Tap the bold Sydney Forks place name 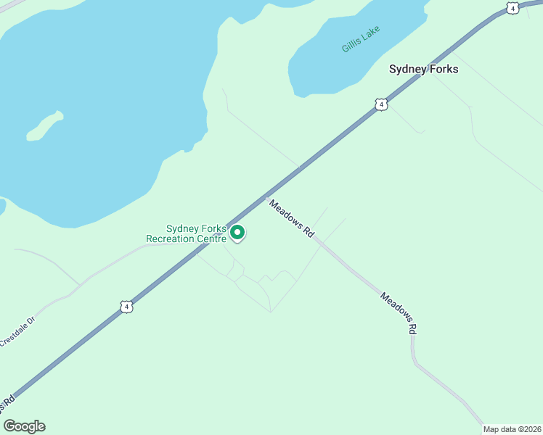tap(423, 70)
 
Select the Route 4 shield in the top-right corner tap(513, 8)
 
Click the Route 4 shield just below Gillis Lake tap(381, 104)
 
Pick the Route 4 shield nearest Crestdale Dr tap(127, 307)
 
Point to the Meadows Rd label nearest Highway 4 tap(291, 219)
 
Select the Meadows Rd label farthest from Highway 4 tap(399, 313)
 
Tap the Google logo tap(24, 426)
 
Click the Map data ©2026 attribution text tap(513, 429)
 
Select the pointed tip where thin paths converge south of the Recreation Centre tap(271, 312)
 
